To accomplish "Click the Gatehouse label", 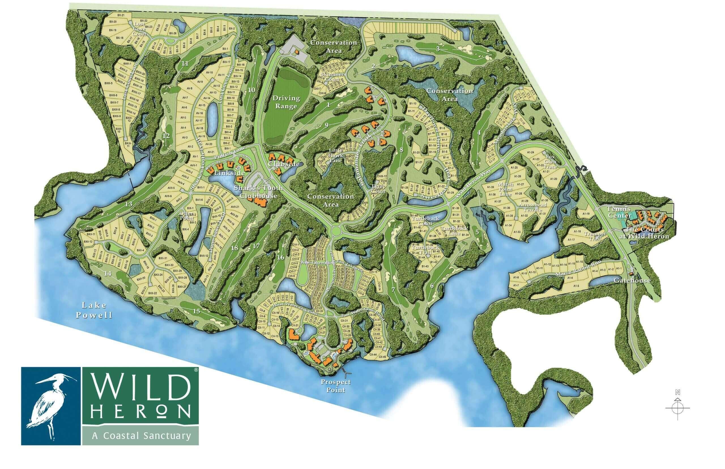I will (636, 280).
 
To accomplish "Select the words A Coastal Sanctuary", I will (141, 436).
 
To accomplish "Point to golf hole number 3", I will (438, 49).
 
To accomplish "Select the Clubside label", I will (283, 164).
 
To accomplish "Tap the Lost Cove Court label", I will (140, 29).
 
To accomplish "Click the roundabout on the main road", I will (335, 230).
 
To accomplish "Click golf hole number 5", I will (477, 232).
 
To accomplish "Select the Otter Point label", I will (186, 215).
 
